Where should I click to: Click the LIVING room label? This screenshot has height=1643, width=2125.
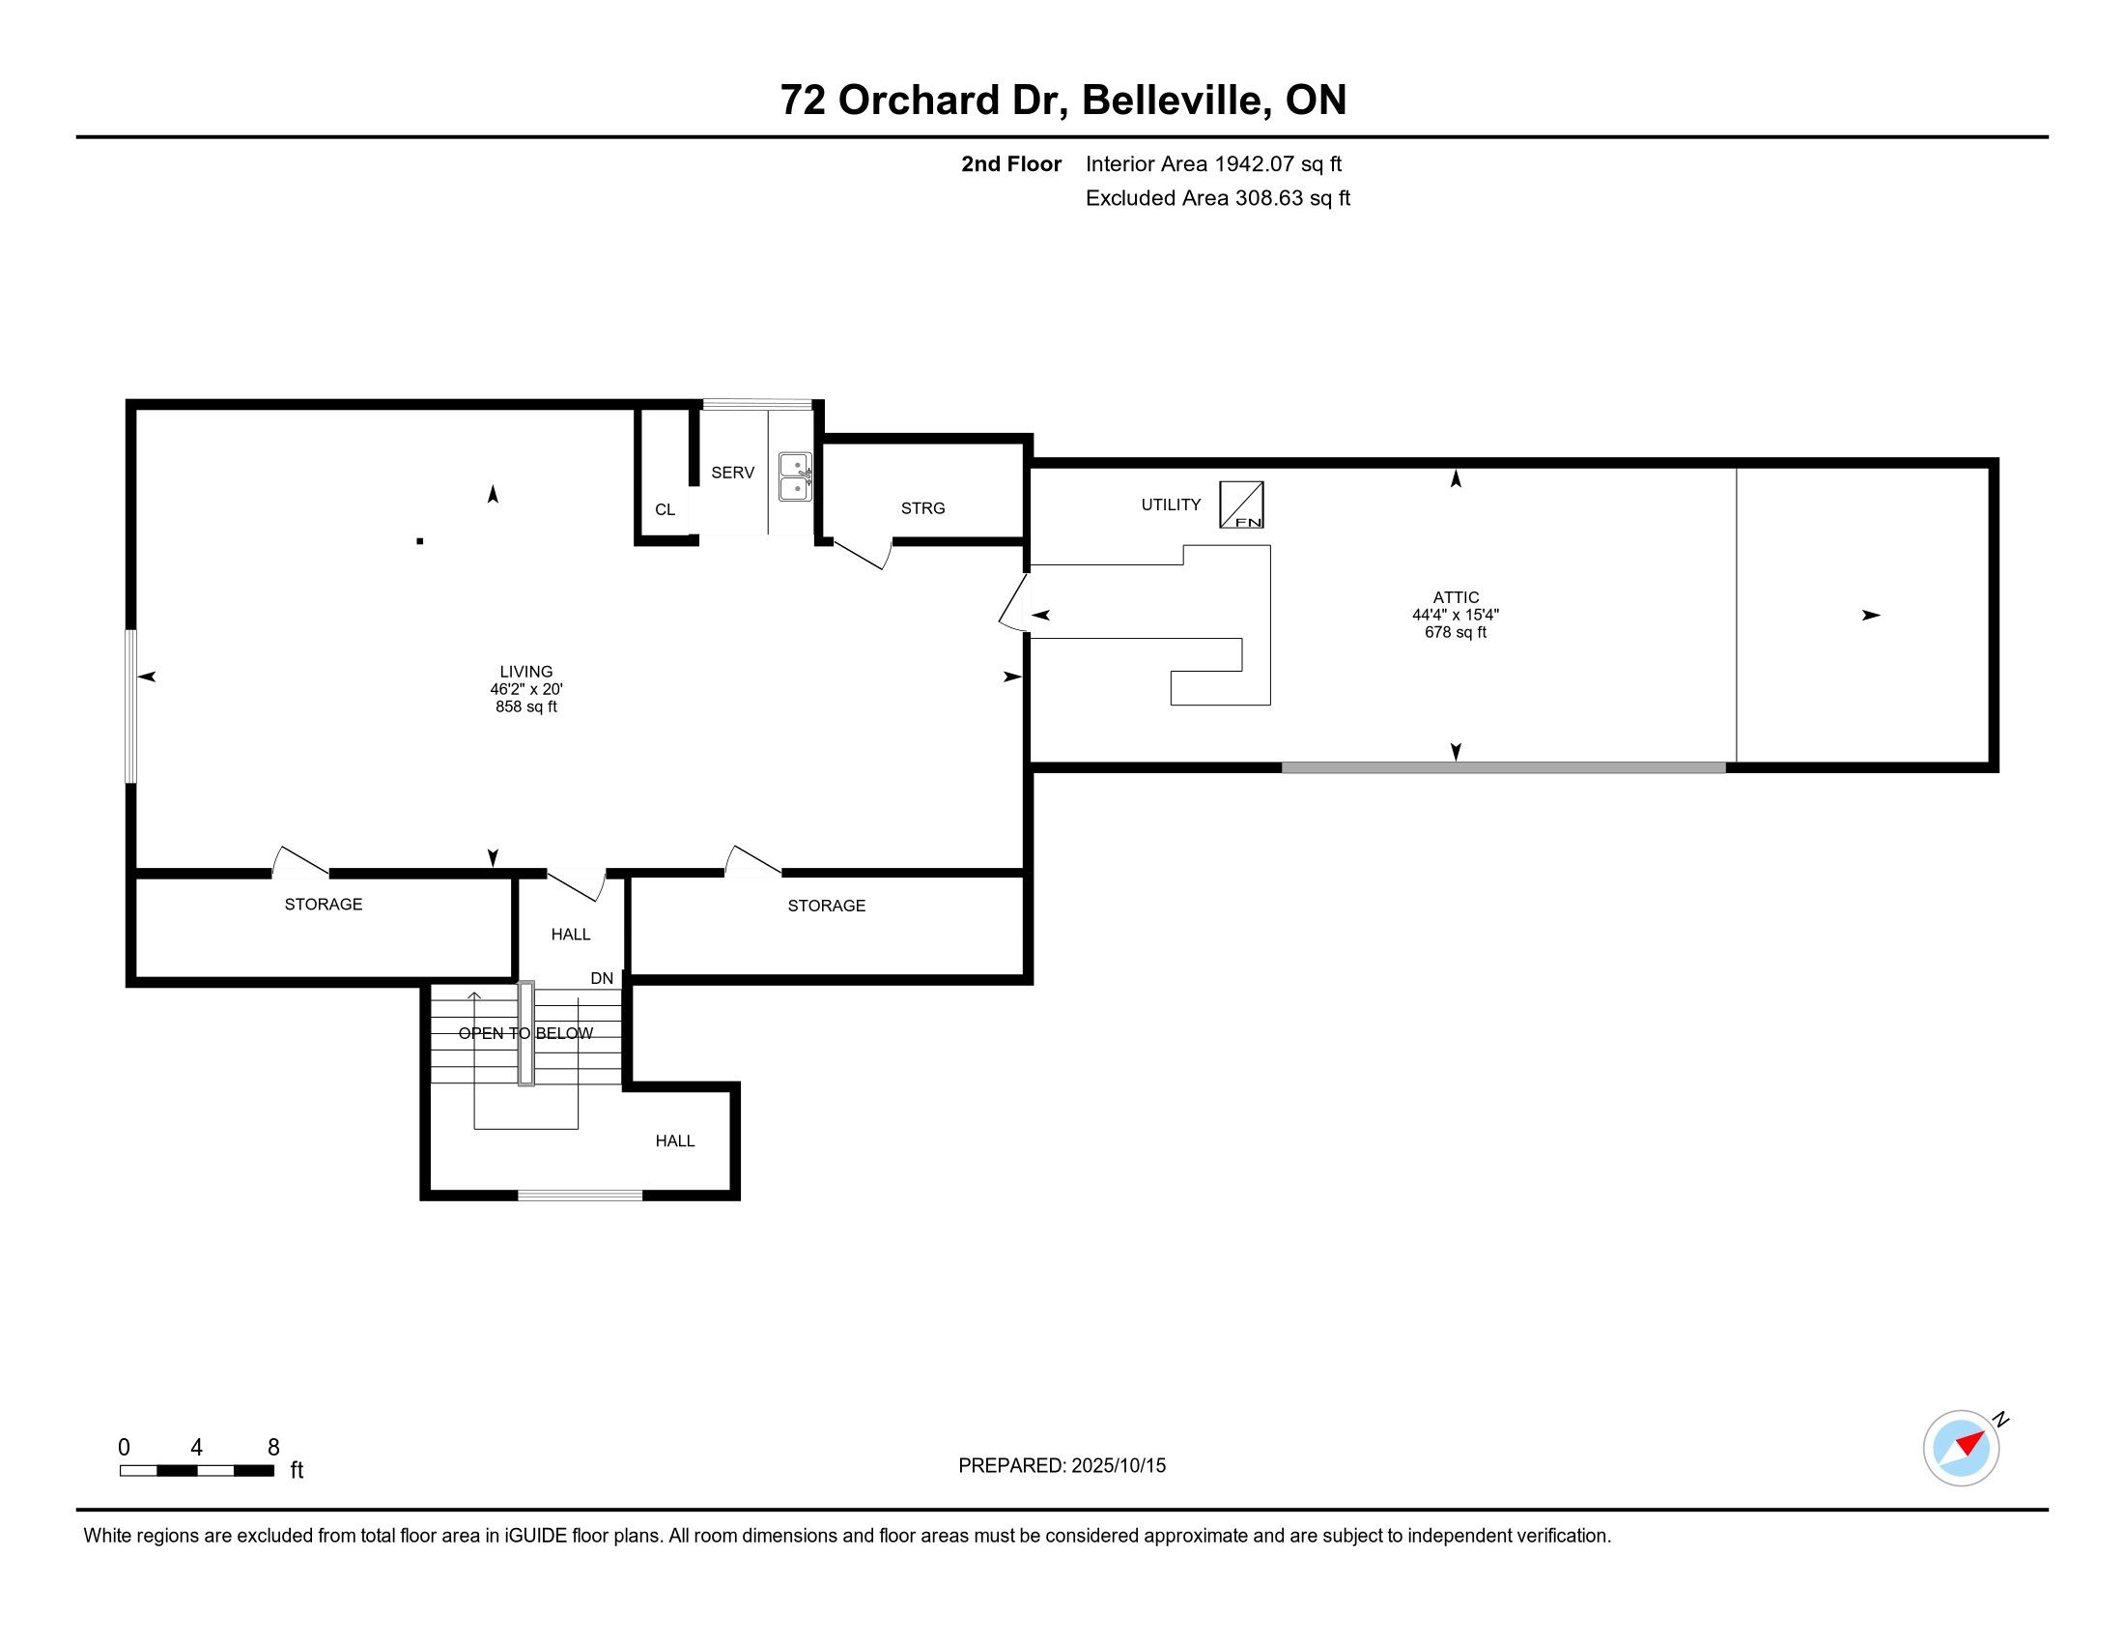[526, 672]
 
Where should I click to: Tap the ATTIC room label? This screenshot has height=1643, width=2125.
[1456, 597]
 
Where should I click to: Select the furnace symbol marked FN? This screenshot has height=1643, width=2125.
[1241, 505]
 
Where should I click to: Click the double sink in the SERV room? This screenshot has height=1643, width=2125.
[795, 476]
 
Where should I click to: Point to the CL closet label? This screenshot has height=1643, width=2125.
[666, 510]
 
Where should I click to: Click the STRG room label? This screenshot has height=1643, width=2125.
[922, 508]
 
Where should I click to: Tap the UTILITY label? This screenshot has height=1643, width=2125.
[1171, 504]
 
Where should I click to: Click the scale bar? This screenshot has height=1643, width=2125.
[196, 1471]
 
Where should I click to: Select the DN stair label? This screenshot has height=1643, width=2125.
[603, 978]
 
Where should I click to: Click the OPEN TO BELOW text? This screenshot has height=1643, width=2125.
[525, 1033]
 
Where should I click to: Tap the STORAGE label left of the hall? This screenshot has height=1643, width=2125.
[323, 905]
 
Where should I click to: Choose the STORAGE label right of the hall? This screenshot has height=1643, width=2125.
[826, 906]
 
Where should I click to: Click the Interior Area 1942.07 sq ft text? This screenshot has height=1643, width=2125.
[1213, 163]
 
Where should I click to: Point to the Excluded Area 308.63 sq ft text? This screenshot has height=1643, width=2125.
[1218, 197]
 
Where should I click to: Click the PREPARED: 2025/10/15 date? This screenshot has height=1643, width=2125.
[1062, 1465]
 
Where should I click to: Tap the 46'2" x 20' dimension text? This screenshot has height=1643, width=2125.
[526, 689]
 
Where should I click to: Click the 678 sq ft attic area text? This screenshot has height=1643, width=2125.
[1456, 632]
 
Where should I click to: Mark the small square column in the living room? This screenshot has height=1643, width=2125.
[420, 541]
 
